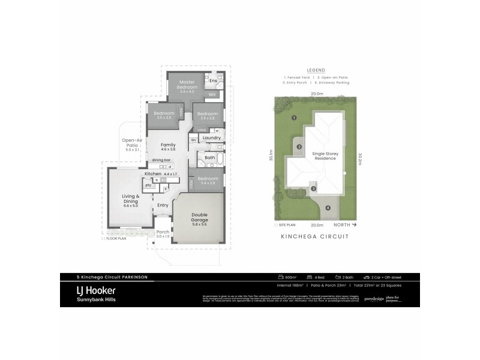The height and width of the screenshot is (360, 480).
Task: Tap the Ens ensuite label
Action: click(x=212, y=80)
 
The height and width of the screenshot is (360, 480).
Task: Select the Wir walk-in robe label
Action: click(x=212, y=95)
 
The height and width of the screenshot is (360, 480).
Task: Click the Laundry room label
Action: click(x=212, y=138)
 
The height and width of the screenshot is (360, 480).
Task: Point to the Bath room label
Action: click(x=209, y=158)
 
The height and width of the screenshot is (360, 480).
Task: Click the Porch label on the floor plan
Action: click(x=163, y=232)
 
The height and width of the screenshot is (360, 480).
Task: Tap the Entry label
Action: click(x=163, y=205)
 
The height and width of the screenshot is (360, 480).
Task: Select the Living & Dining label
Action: click(x=130, y=199)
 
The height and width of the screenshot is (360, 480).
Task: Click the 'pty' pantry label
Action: click(x=148, y=185)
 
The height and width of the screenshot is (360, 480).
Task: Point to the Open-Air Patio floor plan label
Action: click(x=131, y=143)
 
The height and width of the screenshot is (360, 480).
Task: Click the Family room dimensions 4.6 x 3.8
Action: click(x=167, y=149)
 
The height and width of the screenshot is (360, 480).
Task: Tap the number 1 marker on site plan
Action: click(x=294, y=118)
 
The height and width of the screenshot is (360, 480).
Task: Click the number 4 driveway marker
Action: click(x=328, y=208)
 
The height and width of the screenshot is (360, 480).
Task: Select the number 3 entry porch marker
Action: click(x=313, y=189)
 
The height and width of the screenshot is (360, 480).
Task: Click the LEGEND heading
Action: click(x=316, y=70)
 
